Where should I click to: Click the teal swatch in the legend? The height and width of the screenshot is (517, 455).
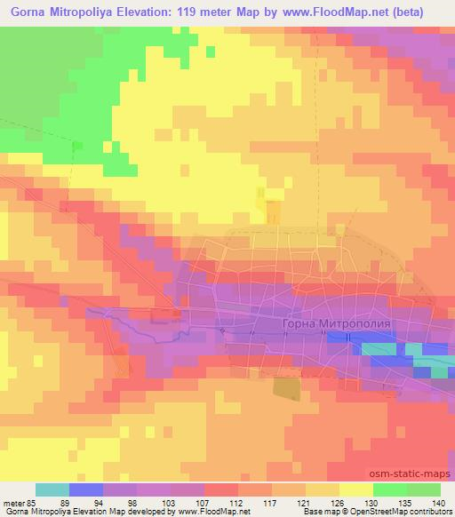coord(52,489)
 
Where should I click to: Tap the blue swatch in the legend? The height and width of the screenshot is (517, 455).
coord(86,489)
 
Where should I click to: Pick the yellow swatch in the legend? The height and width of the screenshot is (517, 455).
coord(355,489)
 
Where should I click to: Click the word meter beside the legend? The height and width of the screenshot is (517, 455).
coord(12,502)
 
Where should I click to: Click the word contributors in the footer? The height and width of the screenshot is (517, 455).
coord(432,512)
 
